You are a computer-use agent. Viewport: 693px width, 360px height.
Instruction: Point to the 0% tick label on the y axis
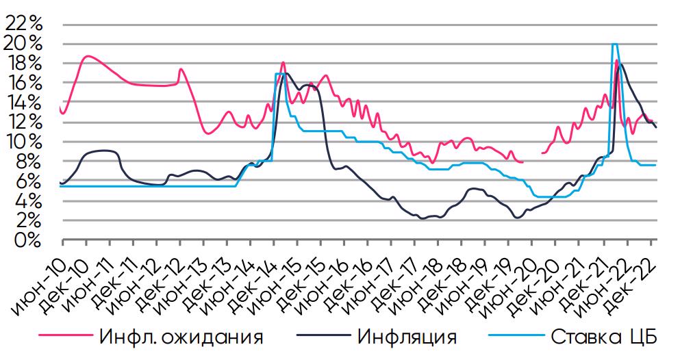click(29, 241)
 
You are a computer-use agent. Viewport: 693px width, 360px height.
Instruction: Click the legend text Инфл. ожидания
click(181, 337)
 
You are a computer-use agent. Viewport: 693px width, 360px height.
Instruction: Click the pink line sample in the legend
click(64, 337)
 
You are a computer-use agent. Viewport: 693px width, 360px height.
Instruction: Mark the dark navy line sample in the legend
click(321, 337)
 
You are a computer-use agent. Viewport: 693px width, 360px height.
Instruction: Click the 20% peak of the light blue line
click(614, 44)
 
